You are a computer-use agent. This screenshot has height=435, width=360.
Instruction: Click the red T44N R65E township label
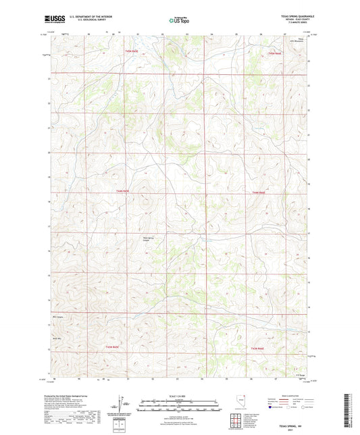click(122, 193)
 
